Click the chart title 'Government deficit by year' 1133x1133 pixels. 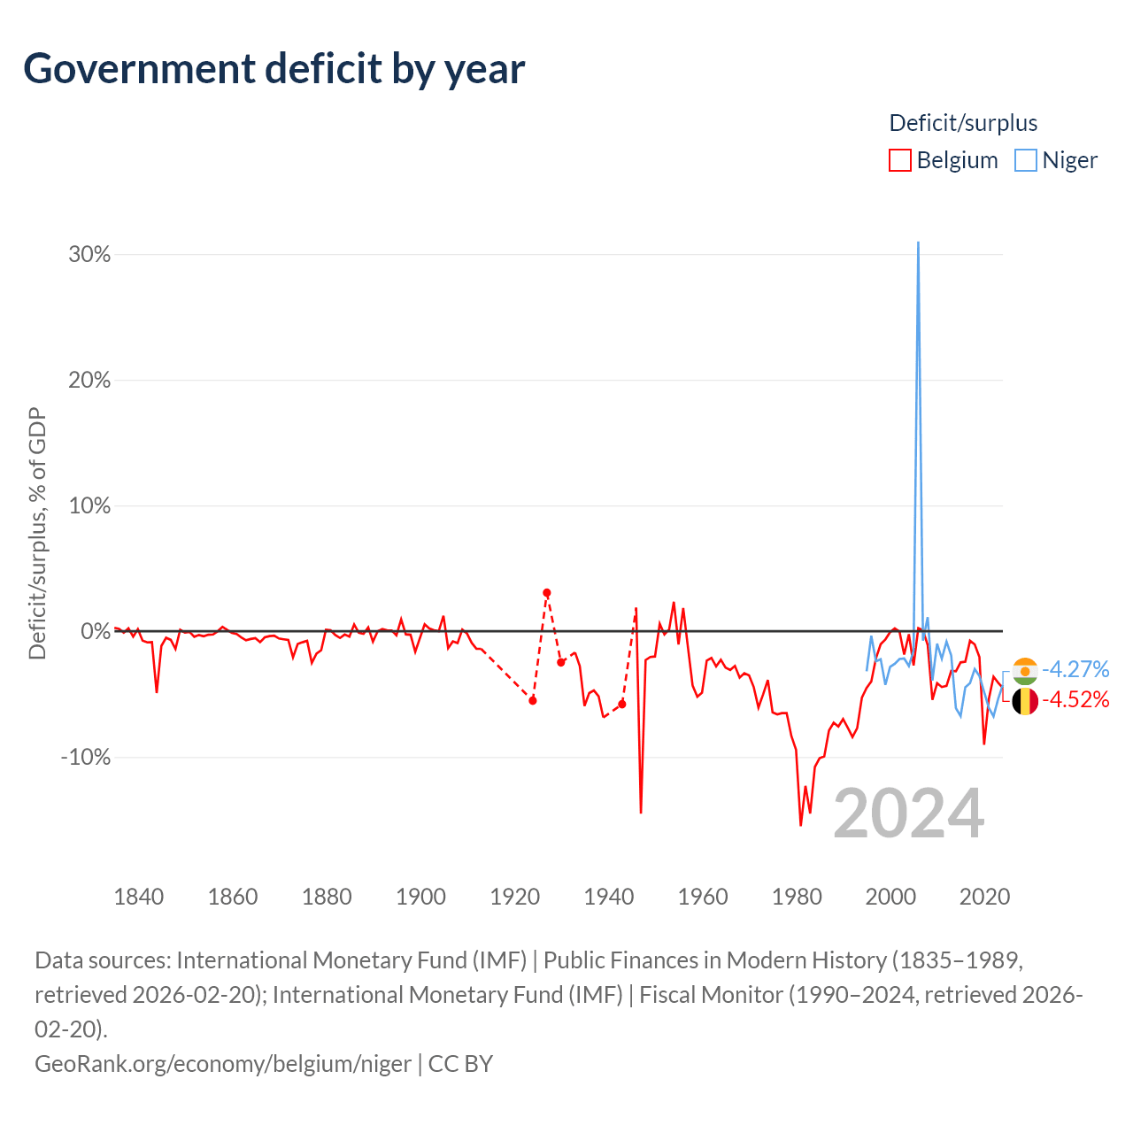[x=274, y=69]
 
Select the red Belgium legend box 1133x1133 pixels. [x=899, y=160]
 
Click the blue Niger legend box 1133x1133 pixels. [x=1025, y=160]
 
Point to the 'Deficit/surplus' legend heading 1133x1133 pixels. [x=962, y=123]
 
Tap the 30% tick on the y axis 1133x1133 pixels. [x=89, y=255]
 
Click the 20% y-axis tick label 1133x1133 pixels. [x=89, y=380]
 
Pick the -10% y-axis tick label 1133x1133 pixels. [x=85, y=757]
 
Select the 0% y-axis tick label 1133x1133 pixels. [x=96, y=631]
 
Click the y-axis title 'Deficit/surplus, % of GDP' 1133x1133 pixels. [x=38, y=533]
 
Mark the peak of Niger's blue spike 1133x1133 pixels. [x=918, y=243]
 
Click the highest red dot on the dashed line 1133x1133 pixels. [x=547, y=593]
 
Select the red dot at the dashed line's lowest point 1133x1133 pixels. [x=533, y=700]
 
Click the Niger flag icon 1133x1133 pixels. [x=1025, y=671]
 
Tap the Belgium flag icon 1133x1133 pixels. [x=1025, y=701]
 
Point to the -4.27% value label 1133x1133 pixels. [x=1075, y=669]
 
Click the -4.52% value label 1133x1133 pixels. [x=1075, y=699]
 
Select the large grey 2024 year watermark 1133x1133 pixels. [x=909, y=814]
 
